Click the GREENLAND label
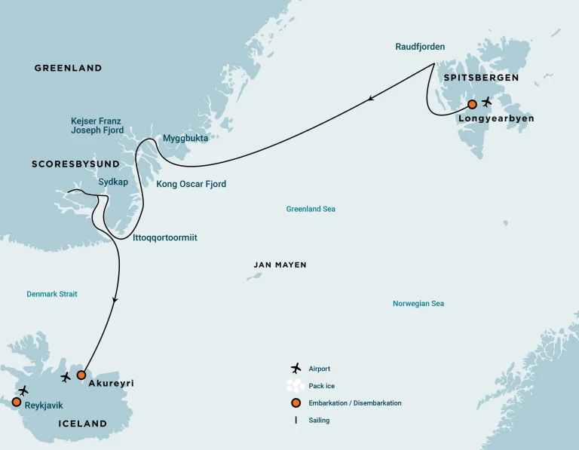click(x=68, y=69)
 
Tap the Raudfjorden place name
click(x=420, y=47)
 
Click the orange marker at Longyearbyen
click(x=472, y=104)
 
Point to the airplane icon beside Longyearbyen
click(x=487, y=101)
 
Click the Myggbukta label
click(x=185, y=139)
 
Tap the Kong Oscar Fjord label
click(x=191, y=184)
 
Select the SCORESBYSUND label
click(x=75, y=164)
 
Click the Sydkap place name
click(x=113, y=182)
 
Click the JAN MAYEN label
click(x=280, y=265)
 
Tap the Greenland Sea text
click(x=311, y=209)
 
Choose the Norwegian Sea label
click(x=418, y=304)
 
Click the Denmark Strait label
click(x=52, y=294)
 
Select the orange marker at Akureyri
click(x=81, y=375)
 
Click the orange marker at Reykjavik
click(x=16, y=402)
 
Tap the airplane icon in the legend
click(x=296, y=368)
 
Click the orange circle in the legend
click(x=296, y=403)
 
